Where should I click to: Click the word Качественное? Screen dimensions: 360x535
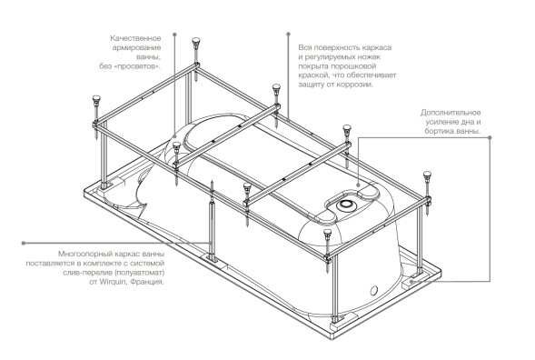(135, 38)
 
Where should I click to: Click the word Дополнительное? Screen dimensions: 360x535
(451, 113)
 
